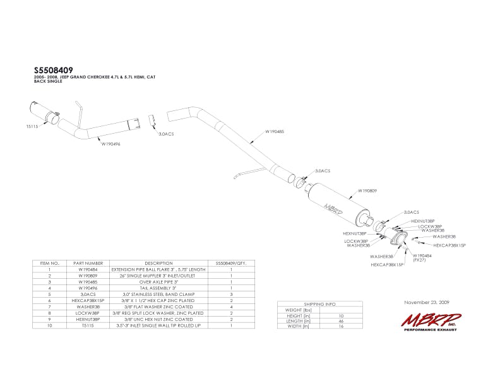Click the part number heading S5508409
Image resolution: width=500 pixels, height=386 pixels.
54,71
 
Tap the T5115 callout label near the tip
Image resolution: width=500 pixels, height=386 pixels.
33,127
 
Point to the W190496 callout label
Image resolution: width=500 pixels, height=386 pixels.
111,144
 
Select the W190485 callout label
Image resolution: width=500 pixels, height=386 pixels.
258,132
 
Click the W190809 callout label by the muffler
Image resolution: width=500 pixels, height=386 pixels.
367,190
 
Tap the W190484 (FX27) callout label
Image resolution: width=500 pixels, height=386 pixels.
423,257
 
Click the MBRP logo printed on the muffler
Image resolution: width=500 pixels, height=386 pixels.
333,205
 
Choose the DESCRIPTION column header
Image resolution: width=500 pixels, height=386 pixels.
158,262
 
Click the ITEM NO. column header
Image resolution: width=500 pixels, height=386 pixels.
49,262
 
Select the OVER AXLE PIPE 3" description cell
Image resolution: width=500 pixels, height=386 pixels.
158,281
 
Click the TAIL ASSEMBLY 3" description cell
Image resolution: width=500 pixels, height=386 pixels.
158,288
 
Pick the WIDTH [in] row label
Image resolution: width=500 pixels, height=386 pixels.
298,327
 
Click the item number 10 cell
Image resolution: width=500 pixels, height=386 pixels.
49,325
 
